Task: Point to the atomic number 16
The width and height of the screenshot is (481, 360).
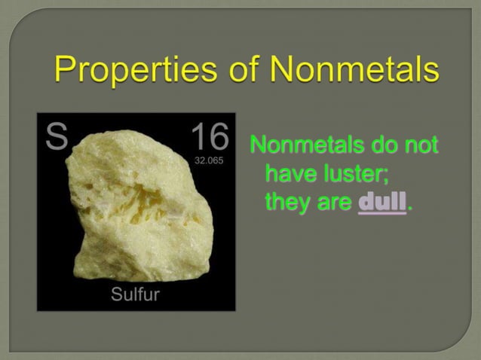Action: tap(209, 137)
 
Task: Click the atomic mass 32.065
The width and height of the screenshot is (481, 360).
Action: tap(210, 161)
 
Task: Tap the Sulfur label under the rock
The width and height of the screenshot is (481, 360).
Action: tap(135, 294)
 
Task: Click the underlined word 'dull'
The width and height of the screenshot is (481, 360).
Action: tap(381, 203)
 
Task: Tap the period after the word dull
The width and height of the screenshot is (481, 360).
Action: tap(409, 209)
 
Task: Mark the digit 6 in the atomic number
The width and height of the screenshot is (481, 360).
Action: tap(219, 137)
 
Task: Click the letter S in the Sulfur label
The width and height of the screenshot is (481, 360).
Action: tap(117, 294)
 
